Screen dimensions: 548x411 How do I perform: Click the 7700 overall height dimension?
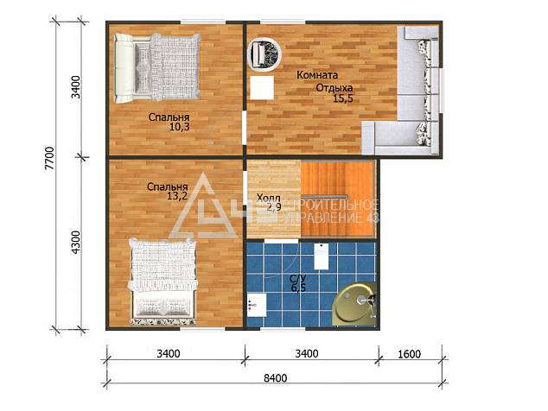tap(49, 158)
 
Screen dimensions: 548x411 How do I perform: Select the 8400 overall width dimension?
tap(276, 378)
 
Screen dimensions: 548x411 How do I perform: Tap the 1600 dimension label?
tap(409, 354)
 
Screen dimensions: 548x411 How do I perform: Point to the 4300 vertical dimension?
tap(76, 242)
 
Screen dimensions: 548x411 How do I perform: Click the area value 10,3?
tap(180, 127)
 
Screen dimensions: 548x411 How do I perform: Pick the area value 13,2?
tap(177, 196)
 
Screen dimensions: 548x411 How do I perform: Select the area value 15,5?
tap(343, 98)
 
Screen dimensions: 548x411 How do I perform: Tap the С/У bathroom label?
tap(298, 279)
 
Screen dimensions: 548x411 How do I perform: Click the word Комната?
tap(317, 75)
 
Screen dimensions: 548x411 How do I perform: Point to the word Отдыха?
tap(335, 88)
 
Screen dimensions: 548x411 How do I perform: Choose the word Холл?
tap(269, 198)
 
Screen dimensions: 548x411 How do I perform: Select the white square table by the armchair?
tap(262, 88)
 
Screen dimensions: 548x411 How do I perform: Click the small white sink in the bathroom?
tap(256, 305)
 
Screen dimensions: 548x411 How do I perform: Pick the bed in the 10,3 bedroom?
tap(158, 67)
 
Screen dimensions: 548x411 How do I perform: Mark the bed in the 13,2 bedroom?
tap(162, 281)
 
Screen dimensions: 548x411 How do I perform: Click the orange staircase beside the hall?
tap(338, 199)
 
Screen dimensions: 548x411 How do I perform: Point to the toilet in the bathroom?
tap(321, 256)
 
